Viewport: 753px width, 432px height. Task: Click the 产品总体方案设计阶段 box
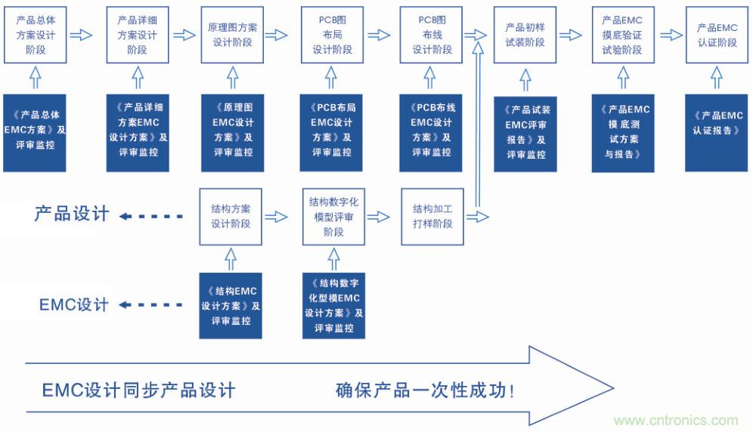35,35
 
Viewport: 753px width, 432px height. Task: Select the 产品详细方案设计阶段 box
137,35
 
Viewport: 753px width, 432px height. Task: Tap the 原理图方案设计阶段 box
232,35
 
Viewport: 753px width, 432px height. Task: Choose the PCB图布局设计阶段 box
332,35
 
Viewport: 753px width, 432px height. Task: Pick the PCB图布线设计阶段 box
431,35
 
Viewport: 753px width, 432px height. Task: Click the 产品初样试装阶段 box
525,35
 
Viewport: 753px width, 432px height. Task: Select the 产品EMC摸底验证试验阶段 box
622,35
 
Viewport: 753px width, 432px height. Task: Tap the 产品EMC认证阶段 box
717,35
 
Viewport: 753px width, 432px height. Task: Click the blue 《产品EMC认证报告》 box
717,132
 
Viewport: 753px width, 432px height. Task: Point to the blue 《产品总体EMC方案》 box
35,132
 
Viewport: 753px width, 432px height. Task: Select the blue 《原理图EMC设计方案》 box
232,132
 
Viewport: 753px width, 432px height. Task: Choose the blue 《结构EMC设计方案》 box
231,305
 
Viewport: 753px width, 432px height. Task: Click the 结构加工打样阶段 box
432,217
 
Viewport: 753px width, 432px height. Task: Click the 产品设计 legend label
72,214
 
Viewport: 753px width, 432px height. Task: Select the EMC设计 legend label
74,305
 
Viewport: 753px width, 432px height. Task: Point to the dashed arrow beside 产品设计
151,217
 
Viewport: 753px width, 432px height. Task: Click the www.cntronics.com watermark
675,421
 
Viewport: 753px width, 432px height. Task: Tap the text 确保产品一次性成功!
426,390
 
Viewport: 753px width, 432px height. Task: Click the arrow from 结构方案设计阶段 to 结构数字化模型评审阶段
277,217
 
